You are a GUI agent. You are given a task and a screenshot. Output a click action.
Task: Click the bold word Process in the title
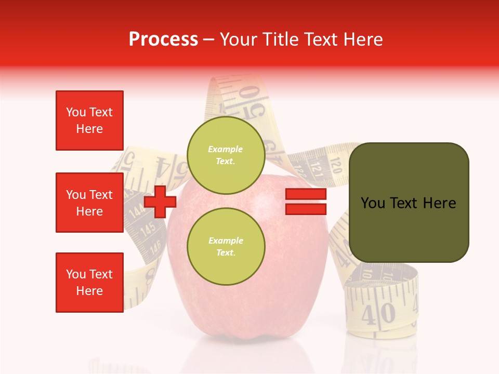(x=163, y=39)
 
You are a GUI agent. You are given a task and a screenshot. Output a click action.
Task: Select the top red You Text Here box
(x=89, y=121)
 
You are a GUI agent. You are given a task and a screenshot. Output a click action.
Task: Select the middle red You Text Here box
(x=89, y=203)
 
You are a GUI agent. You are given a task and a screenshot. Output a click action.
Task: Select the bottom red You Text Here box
(x=89, y=283)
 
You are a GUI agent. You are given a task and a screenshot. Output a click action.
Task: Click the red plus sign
(x=160, y=202)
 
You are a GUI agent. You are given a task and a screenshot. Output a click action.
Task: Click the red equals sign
(x=306, y=202)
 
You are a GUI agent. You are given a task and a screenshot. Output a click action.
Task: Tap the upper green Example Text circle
(x=226, y=155)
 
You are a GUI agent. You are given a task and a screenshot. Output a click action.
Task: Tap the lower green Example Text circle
(x=226, y=246)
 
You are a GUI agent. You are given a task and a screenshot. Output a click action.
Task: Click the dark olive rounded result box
(x=409, y=203)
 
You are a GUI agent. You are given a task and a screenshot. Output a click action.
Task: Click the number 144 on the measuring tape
(x=137, y=210)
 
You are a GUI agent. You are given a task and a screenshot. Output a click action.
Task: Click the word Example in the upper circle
(x=226, y=150)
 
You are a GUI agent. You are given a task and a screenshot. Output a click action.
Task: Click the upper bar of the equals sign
(x=306, y=194)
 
